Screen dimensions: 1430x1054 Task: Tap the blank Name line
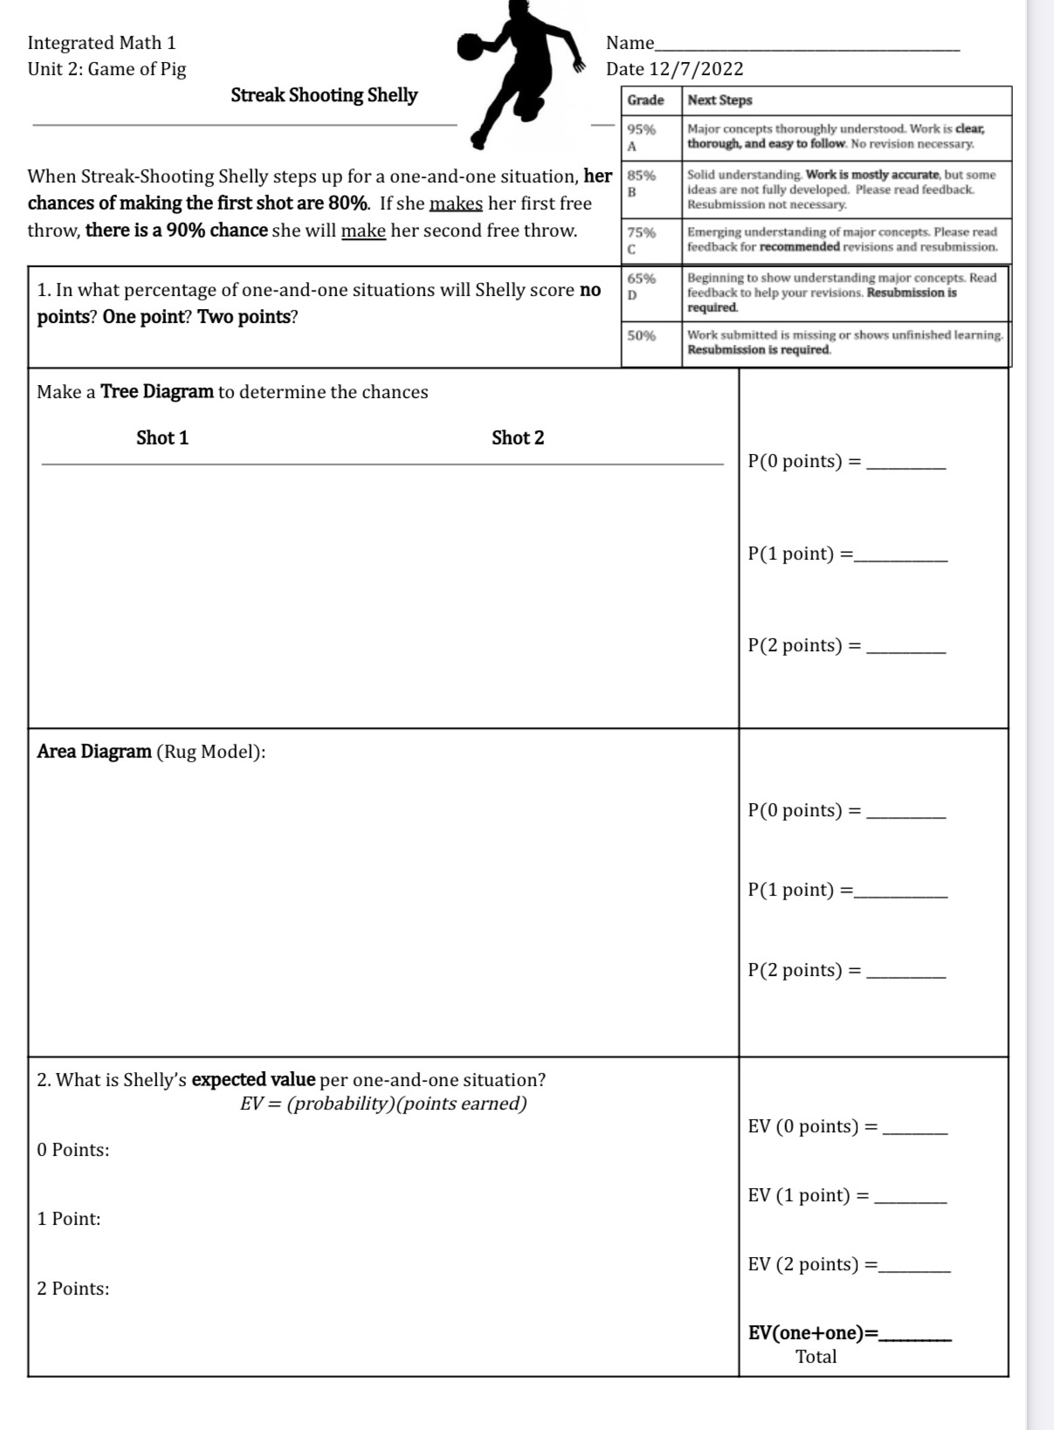click(x=807, y=44)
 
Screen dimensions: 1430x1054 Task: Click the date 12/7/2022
click(x=696, y=69)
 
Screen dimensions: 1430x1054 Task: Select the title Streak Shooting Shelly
click(x=324, y=95)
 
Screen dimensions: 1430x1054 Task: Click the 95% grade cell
click(x=642, y=137)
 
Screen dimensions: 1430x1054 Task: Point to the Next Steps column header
click(x=720, y=100)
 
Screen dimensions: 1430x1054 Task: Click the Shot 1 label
click(x=162, y=438)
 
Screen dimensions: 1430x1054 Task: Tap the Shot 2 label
click(x=518, y=438)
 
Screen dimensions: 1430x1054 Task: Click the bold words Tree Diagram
click(x=157, y=392)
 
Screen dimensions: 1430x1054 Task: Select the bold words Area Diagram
click(x=94, y=752)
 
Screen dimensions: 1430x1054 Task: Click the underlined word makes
click(x=456, y=203)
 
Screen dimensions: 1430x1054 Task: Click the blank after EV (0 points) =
click(x=915, y=1128)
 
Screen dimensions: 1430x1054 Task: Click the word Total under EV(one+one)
click(x=816, y=1357)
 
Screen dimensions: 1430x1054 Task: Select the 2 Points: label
click(x=73, y=1289)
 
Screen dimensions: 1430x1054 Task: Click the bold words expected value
click(x=253, y=1080)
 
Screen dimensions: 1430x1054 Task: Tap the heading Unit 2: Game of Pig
click(x=107, y=69)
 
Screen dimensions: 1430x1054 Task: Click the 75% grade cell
click(x=642, y=240)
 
